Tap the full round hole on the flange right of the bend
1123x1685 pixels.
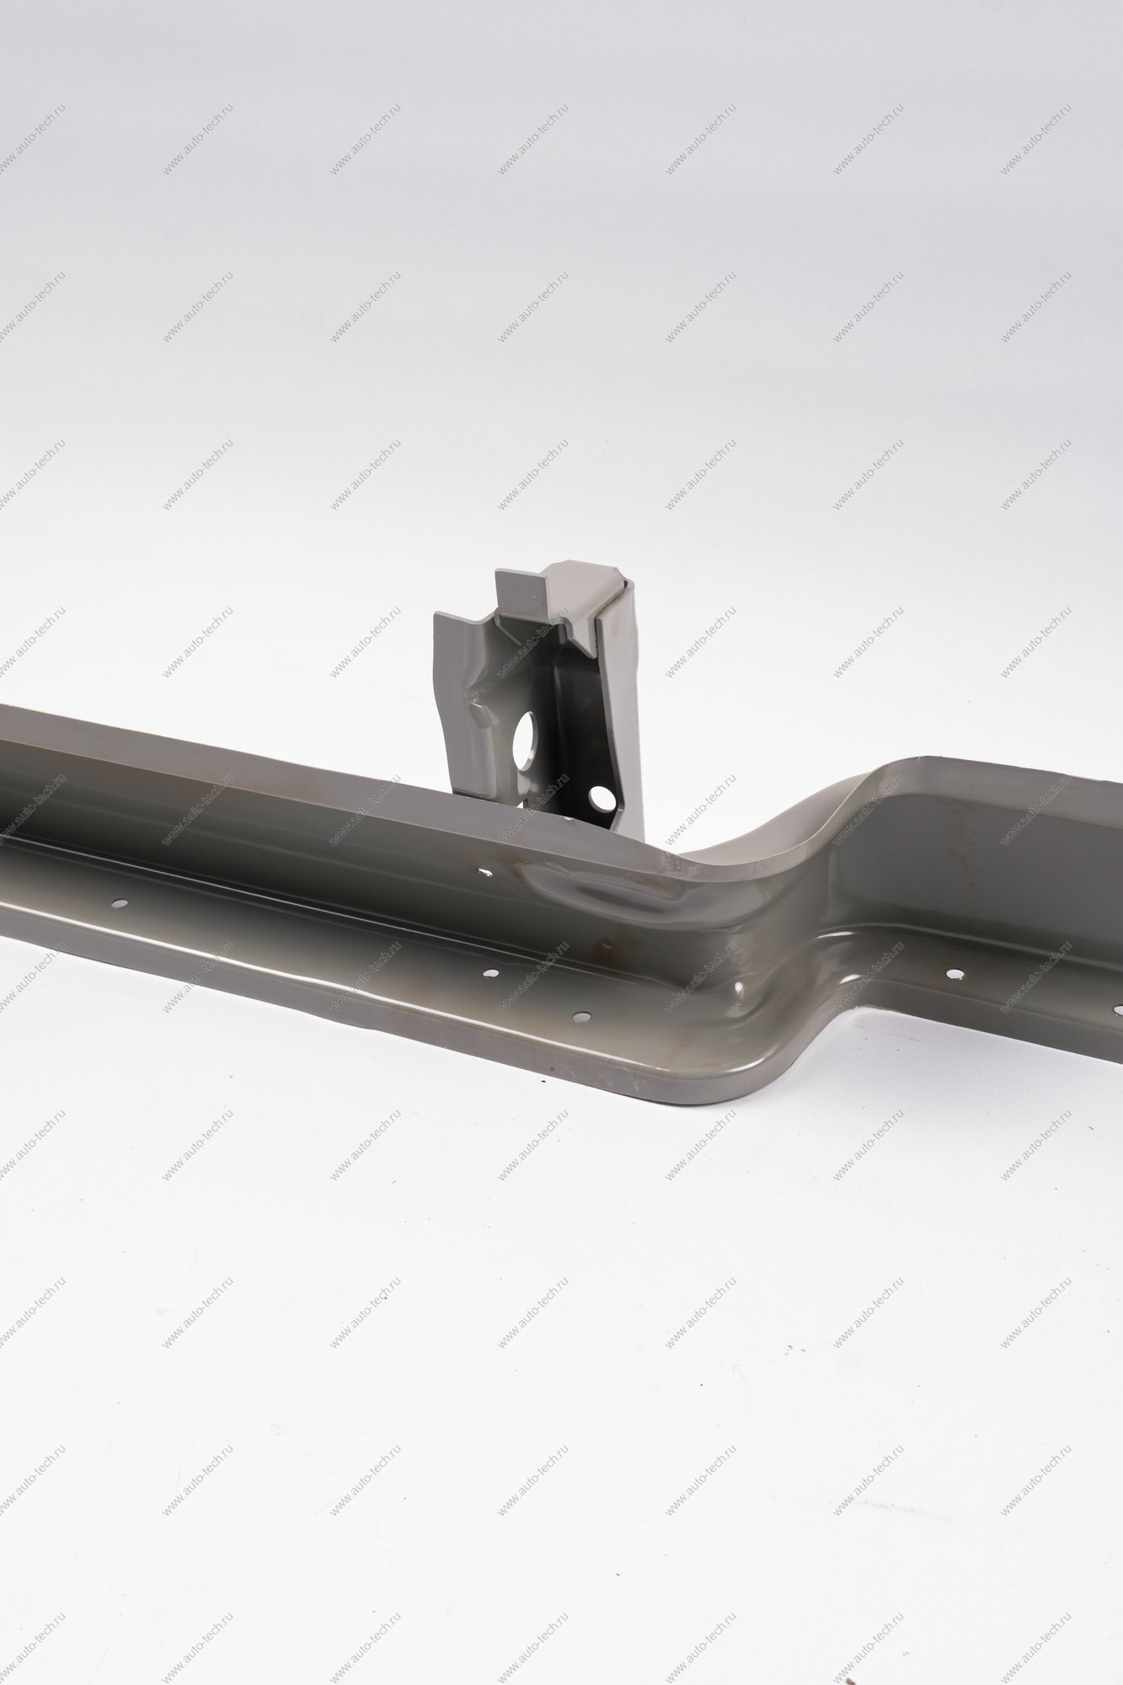point(955,974)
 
